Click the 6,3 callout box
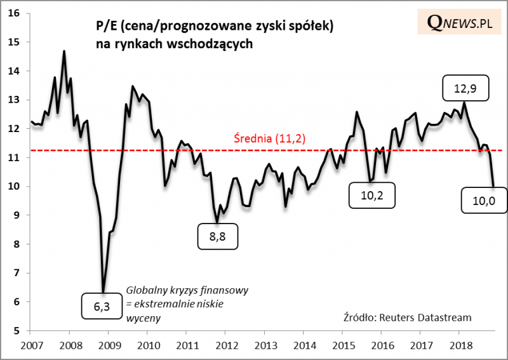pyautogui.click(x=102, y=307)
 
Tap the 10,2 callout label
pyautogui.click(x=371, y=196)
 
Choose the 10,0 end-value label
pyautogui.click(x=485, y=200)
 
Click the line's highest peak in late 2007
pyautogui.click(x=64, y=51)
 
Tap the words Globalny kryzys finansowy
pyautogui.click(x=187, y=290)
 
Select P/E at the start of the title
pyautogui.click(x=105, y=28)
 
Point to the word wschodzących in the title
pyautogui.click(x=217, y=44)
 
